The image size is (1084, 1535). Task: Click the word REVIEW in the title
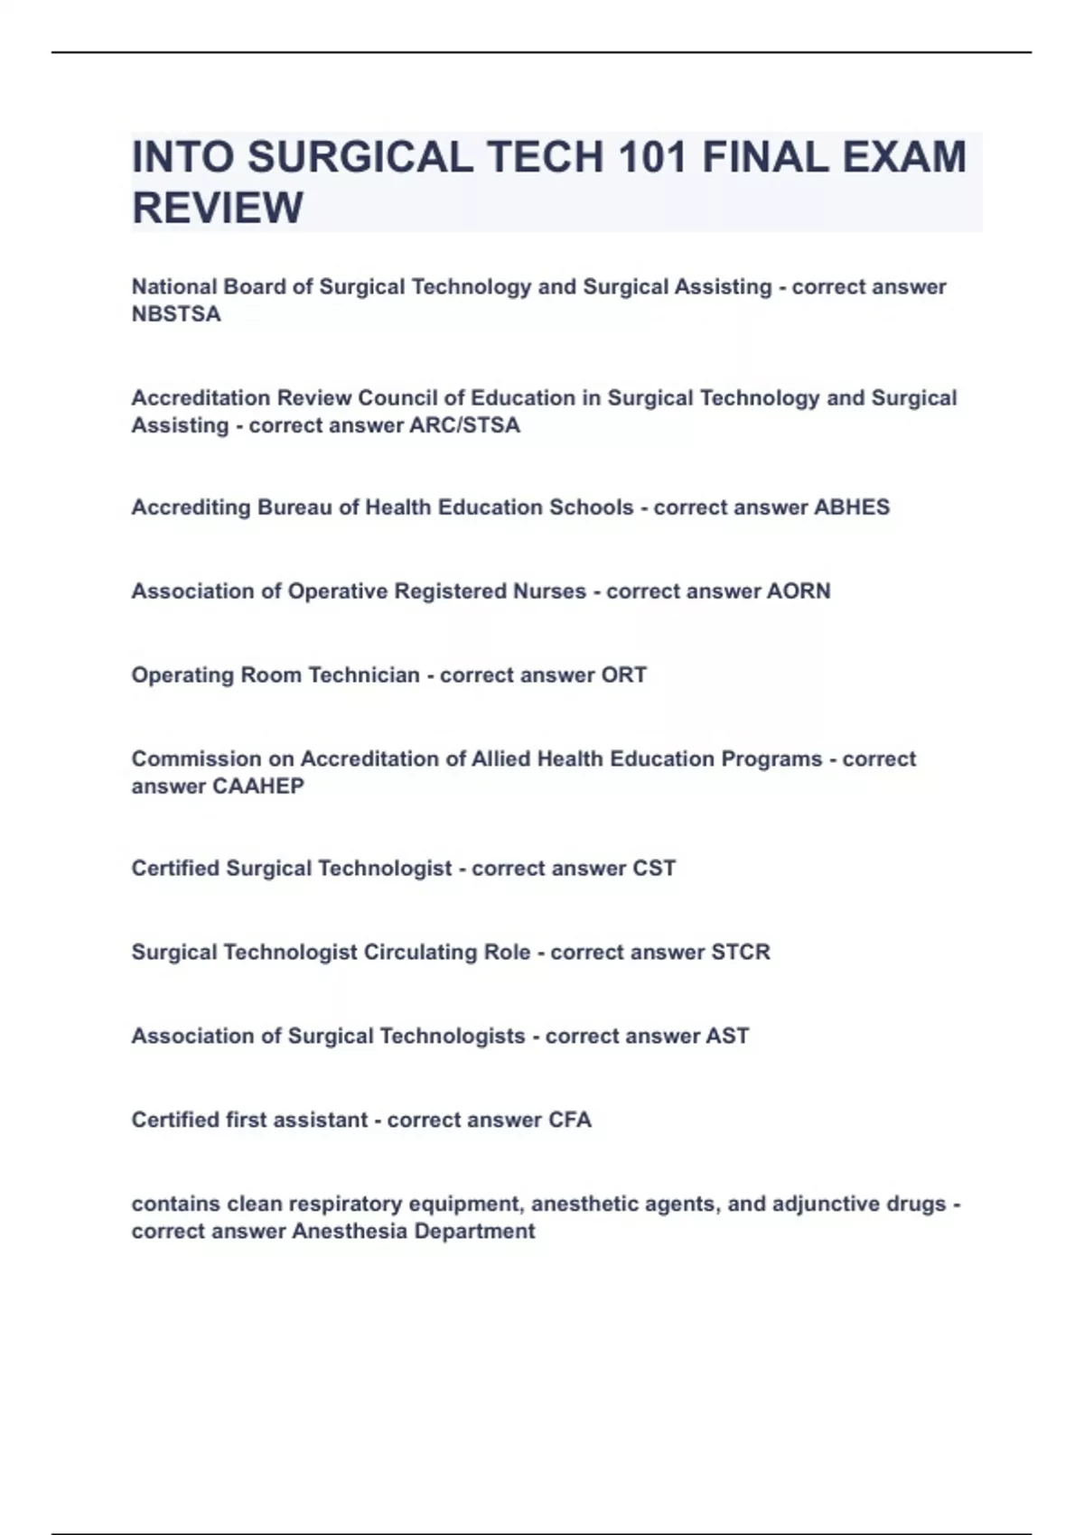coord(218,208)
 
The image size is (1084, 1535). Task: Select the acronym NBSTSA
coord(176,314)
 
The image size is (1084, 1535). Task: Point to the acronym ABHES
coord(852,507)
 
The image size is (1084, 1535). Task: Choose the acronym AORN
coord(799,591)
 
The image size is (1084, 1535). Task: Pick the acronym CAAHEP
coord(257,786)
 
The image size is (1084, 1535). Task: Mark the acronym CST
coord(654,869)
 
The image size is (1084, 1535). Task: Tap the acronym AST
coord(727,1037)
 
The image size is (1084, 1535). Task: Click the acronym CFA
coord(570,1121)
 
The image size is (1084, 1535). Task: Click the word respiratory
coord(343,1205)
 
